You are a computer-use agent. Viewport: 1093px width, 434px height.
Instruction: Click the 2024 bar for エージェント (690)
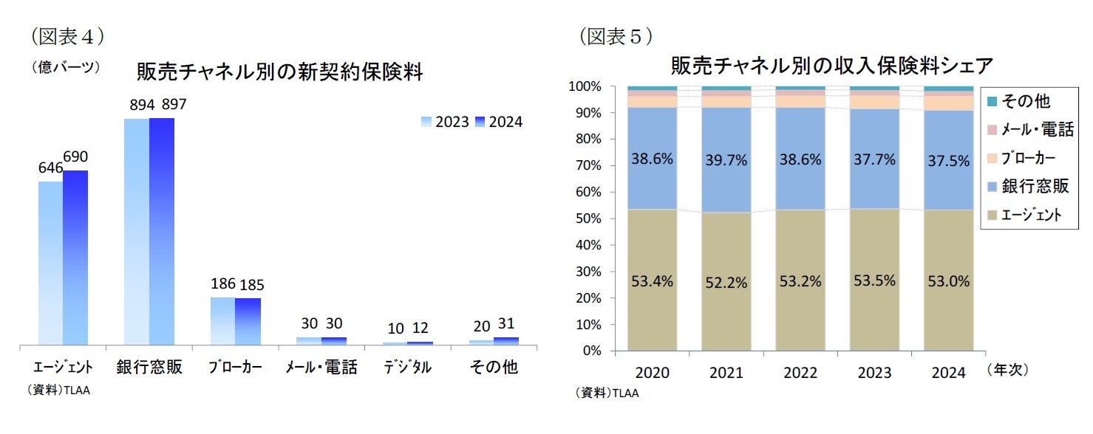pos(75,258)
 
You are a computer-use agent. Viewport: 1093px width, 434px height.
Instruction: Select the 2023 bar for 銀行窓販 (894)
pos(136,232)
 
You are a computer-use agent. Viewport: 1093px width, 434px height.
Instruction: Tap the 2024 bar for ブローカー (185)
pos(248,321)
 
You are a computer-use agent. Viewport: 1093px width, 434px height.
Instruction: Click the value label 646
pos(50,168)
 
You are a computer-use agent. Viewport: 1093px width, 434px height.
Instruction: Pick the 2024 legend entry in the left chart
pos(499,122)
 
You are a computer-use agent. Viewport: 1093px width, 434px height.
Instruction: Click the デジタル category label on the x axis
pos(407,368)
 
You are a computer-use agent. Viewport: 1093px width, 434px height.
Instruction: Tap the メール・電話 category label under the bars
pos(321,368)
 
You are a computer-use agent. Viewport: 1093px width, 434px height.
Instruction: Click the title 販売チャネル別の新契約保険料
pos(279,72)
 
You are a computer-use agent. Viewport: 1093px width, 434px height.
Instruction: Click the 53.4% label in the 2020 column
pos(653,281)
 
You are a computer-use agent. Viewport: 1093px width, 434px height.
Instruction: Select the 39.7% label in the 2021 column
pos(726,159)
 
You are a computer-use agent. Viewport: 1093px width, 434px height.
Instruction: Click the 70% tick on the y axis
pos(590,165)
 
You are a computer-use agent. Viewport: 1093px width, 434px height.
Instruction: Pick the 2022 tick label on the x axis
pos(800,373)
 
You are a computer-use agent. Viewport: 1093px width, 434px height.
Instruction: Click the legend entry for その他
pos(1019,101)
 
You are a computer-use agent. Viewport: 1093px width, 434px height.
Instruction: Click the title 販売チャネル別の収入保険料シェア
pos(831,66)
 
